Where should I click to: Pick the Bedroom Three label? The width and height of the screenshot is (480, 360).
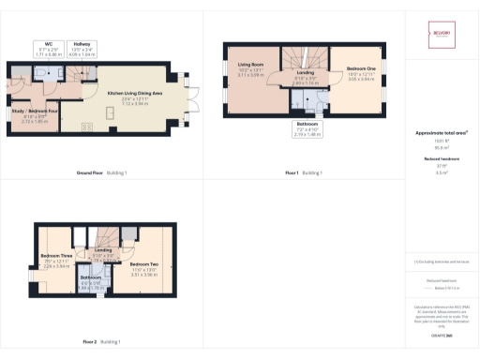pos(58,262)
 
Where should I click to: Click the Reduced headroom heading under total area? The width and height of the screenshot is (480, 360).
pos(441,159)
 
